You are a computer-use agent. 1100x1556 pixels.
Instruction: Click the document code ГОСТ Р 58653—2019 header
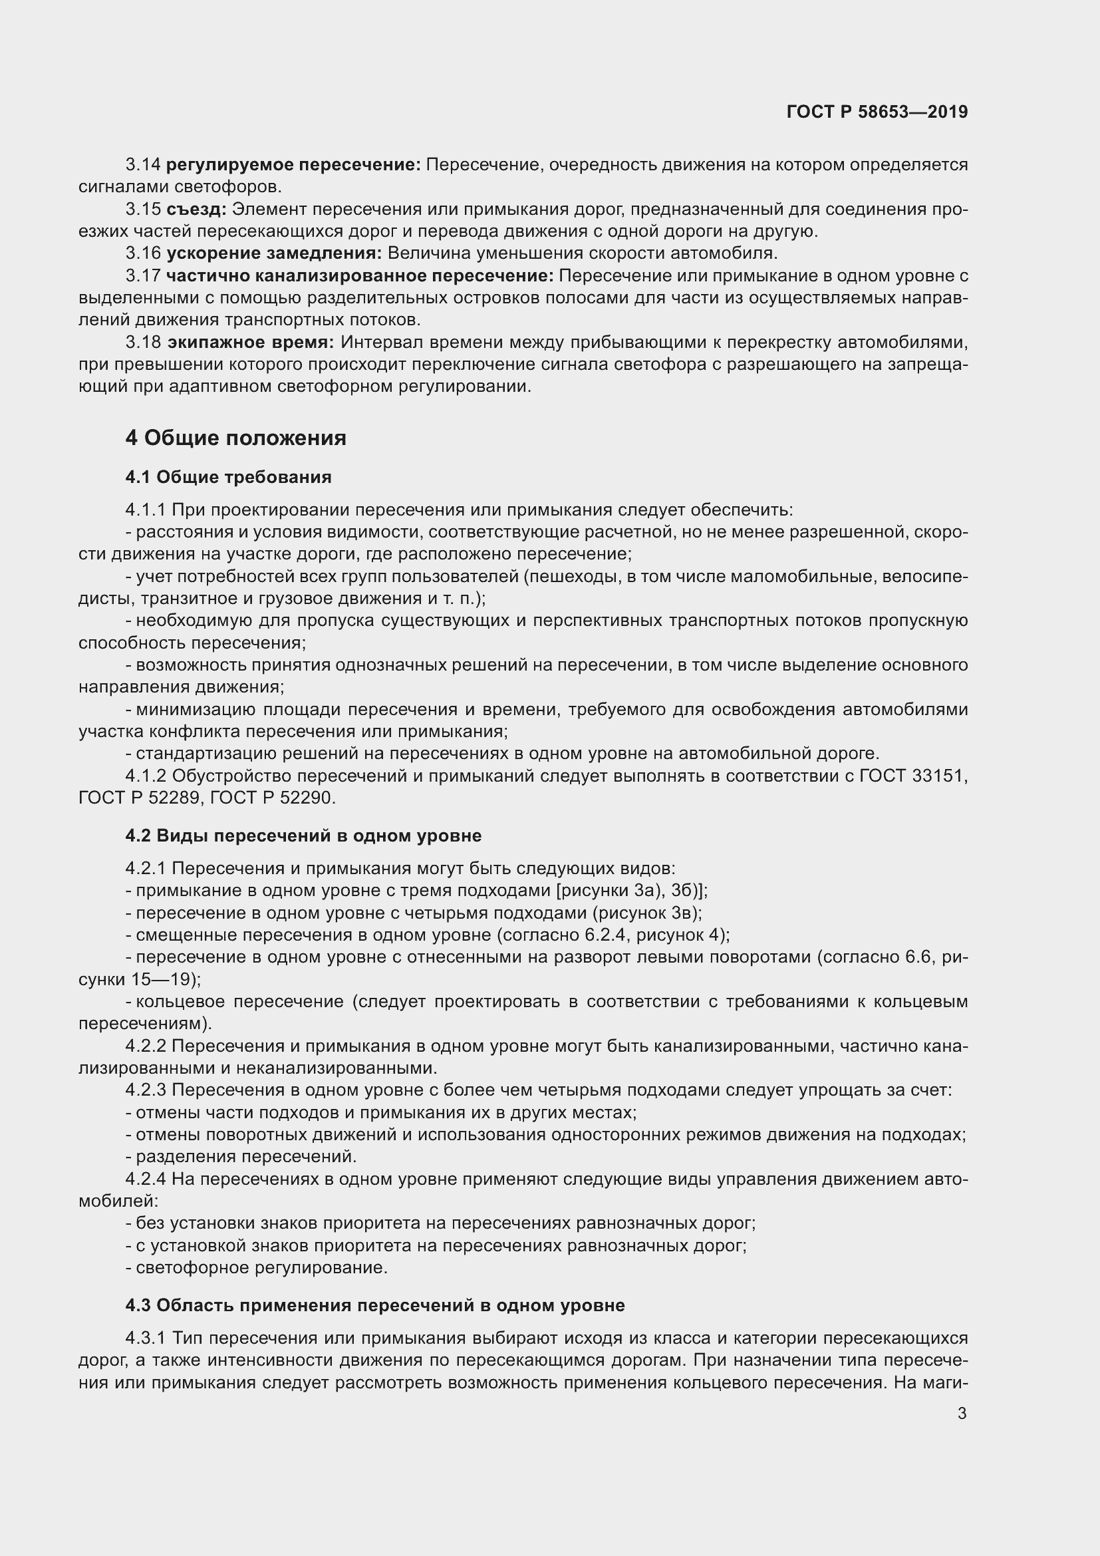877,112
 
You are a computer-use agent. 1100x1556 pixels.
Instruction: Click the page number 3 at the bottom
962,1413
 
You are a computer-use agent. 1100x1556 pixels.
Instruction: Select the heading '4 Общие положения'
235,438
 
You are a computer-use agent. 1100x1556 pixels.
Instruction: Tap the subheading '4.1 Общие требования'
228,477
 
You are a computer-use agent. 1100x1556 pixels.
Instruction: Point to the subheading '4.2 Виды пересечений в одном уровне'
303,836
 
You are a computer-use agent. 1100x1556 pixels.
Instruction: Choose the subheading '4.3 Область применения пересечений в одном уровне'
374,1305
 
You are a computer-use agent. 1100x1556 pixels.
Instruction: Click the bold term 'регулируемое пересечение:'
293,165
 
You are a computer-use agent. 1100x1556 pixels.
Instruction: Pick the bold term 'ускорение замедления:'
274,253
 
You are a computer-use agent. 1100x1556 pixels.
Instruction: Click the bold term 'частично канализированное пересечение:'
360,276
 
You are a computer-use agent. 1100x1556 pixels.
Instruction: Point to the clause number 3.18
143,343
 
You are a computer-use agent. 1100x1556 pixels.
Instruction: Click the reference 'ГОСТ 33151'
912,776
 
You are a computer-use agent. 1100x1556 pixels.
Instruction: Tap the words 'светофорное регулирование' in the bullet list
261,1268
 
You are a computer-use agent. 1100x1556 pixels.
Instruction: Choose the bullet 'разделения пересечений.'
246,1157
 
